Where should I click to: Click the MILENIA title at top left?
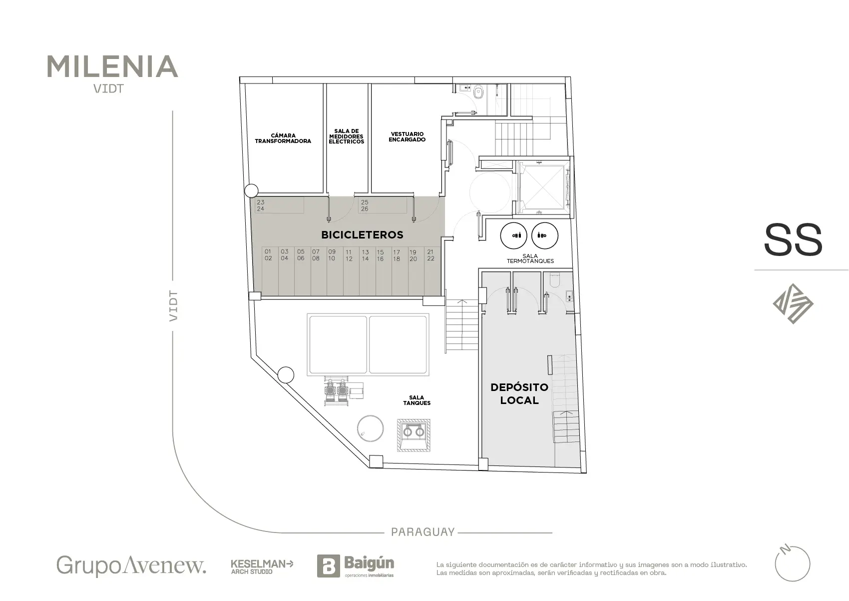[112, 66]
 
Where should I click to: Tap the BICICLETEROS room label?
[363, 235]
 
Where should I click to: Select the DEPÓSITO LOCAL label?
[519, 393]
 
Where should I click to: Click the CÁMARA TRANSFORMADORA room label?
[283, 138]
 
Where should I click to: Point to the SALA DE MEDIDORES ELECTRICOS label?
[347, 136]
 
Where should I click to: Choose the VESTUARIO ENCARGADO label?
[407, 136]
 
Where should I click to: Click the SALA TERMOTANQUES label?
[530, 258]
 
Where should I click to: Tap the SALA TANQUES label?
[417, 400]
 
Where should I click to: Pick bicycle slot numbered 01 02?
[270, 271]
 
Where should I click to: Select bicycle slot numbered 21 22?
[432, 271]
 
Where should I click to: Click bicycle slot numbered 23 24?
[279, 205]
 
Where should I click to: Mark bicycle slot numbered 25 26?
[383, 205]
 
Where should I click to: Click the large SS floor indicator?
[793, 240]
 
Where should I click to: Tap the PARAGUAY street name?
[423, 532]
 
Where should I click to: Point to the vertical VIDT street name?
[173, 306]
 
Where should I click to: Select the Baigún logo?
[356, 566]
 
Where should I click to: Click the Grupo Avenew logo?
[131, 565]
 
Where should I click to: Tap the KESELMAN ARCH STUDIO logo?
[262, 567]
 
